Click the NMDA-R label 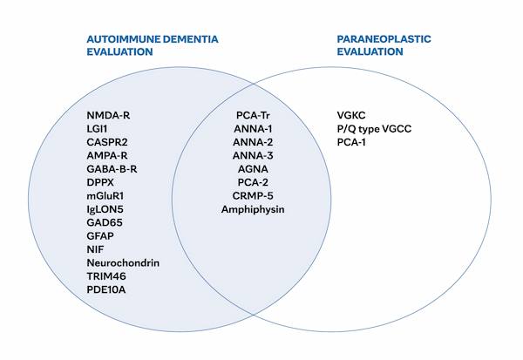point(109,116)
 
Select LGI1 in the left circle point(98,129)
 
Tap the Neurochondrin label point(123,262)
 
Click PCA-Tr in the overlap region point(254,116)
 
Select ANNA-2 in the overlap point(254,142)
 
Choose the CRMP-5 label point(254,196)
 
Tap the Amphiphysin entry point(254,210)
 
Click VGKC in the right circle point(352,116)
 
